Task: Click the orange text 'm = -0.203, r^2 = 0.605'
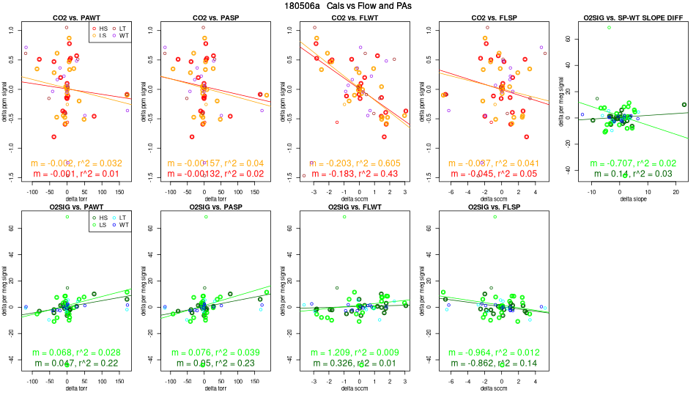pyautogui.click(x=347, y=163)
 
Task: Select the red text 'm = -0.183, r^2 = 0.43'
pyautogui.click(x=347, y=174)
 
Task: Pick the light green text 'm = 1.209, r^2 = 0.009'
pyautogui.click(x=347, y=353)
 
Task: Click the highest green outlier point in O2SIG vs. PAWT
pyautogui.click(x=67, y=217)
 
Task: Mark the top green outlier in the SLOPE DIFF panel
pyautogui.click(x=609, y=27)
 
